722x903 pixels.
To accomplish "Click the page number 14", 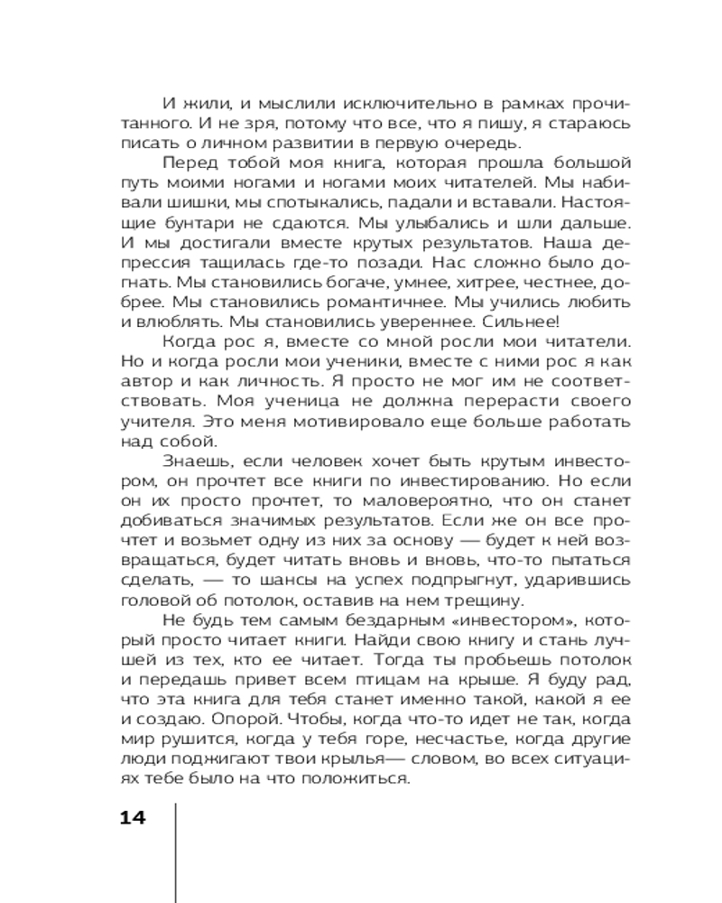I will [x=132, y=817].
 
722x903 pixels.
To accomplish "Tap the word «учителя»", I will [x=151, y=420].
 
